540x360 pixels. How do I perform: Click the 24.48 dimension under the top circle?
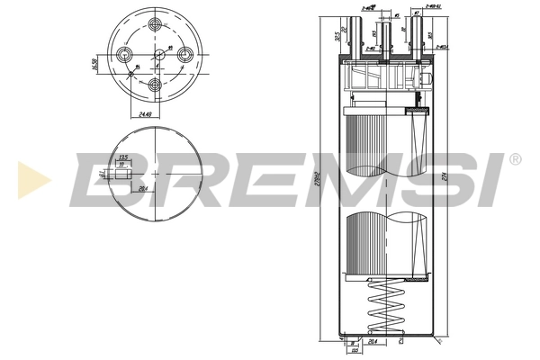click(x=145, y=114)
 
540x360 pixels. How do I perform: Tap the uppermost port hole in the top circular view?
click(x=157, y=26)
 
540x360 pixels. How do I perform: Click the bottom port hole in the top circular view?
click(x=157, y=85)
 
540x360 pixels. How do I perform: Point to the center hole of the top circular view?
click(x=157, y=56)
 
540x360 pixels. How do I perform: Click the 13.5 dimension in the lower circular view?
click(x=124, y=156)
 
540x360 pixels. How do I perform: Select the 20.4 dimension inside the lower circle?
click(x=142, y=187)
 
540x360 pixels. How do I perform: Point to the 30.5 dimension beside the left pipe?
click(x=335, y=39)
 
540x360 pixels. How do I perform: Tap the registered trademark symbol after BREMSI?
click(x=514, y=159)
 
